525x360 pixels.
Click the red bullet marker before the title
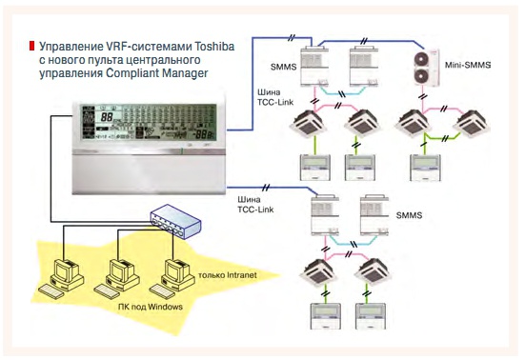pyautogui.click(x=31, y=45)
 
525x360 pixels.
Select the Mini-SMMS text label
pyautogui.click(x=468, y=64)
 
